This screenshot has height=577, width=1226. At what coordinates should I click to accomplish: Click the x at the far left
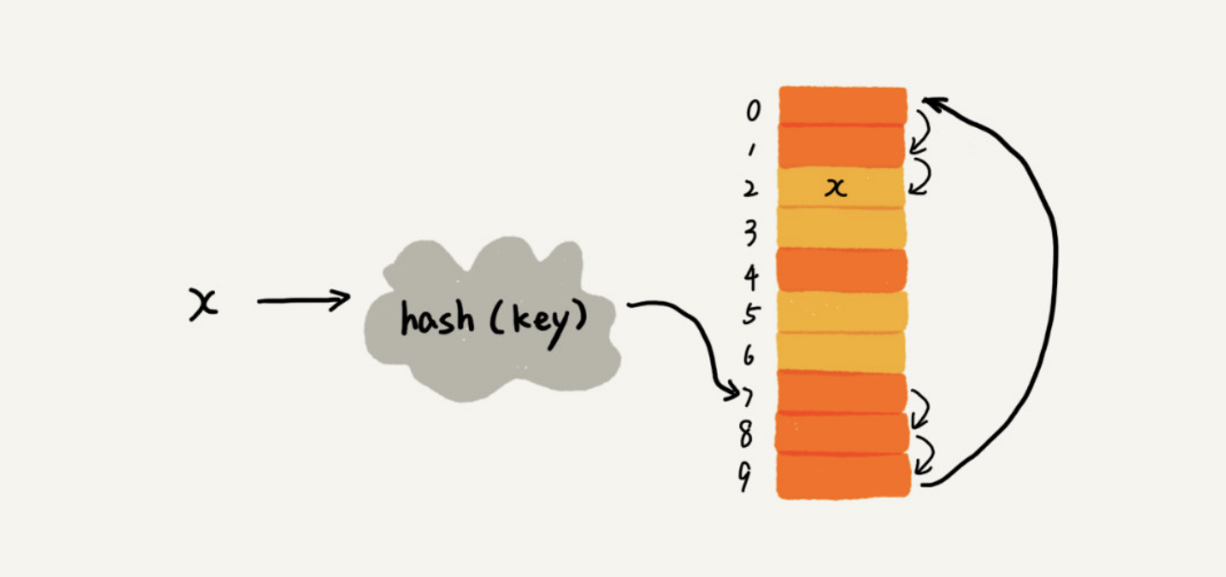coord(203,304)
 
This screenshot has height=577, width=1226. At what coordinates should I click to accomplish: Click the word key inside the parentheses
coord(535,321)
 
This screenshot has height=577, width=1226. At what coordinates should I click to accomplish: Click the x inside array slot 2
coord(836,188)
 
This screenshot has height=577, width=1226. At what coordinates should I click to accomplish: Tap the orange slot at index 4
coord(842,270)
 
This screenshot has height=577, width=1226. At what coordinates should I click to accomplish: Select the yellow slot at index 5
coord(842,312)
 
